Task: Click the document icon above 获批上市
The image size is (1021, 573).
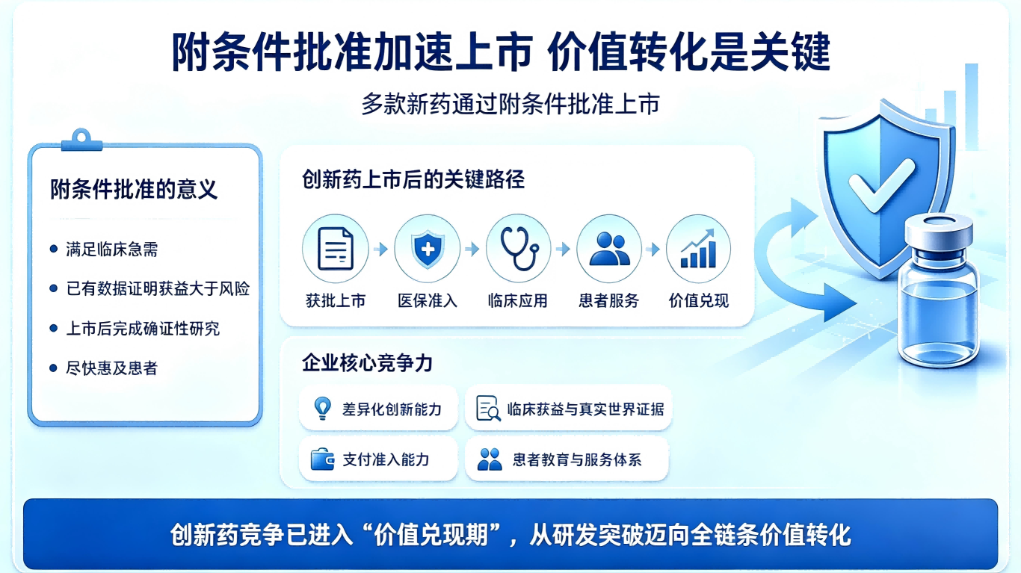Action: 336,249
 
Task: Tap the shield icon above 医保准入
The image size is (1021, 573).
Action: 427,250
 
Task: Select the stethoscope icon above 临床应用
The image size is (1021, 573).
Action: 519,249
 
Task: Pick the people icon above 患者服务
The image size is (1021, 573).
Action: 609,249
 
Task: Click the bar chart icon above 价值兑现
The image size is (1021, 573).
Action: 698,249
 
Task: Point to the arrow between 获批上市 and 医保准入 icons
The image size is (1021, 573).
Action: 380,250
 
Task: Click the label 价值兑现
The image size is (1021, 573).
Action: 699,300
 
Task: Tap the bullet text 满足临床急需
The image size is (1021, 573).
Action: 111,250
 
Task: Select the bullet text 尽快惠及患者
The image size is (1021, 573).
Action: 111,368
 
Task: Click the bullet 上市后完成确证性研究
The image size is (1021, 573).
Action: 143,329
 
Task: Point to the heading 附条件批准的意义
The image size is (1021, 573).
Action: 134,189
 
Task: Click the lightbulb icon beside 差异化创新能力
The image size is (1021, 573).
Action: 323,408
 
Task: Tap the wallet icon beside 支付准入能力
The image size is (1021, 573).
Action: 323,459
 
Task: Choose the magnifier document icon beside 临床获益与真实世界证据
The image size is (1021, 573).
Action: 488,408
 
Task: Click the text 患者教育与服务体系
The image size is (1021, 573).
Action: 577,459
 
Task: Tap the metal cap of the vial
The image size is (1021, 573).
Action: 939,232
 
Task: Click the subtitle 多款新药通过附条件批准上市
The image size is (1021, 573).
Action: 510,105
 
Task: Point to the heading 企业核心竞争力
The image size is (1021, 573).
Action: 367,363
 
